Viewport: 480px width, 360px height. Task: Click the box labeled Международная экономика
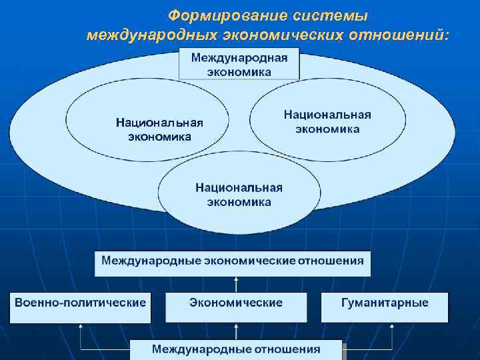tap(239, 65)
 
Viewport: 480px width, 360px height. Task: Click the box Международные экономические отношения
tap(232, 261)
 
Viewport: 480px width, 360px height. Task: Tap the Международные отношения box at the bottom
tap(236, 349)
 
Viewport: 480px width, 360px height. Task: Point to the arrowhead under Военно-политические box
tap(80, 327)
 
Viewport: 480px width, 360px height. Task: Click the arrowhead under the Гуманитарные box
tap(391, 327)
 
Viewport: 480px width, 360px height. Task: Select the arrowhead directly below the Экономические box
tap(235, 327)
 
